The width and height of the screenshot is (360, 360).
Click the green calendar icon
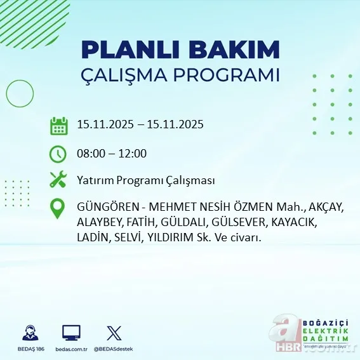(x=58, y=125)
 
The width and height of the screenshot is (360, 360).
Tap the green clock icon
(x=58, y=154)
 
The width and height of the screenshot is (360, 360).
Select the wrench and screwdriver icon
(x=58, y=180)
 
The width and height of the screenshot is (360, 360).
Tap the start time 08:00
(x=90, y=154)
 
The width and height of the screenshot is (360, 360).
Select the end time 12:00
(x=133, y=154)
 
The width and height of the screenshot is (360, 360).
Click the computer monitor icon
(x=71, y=332)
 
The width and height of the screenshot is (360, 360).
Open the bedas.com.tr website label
(x=71, y=349)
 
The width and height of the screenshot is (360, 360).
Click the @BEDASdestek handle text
(x=115, y=349)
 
